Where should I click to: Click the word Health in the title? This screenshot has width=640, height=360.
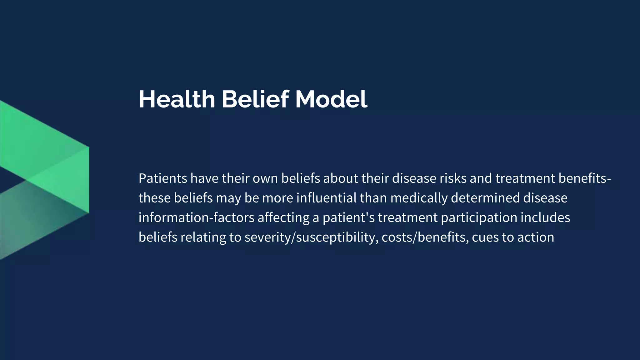click(177, 99)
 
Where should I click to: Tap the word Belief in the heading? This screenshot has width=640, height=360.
click(255, 99)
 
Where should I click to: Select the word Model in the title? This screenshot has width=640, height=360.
click(331, 99)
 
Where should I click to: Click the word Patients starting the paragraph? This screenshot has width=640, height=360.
click(163, 178)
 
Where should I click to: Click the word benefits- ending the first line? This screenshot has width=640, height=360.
click(584, 178)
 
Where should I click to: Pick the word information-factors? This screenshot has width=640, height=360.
click(197, 218)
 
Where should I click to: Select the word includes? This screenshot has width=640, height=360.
click(545, 218)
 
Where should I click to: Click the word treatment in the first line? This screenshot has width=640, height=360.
click(525, 178)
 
